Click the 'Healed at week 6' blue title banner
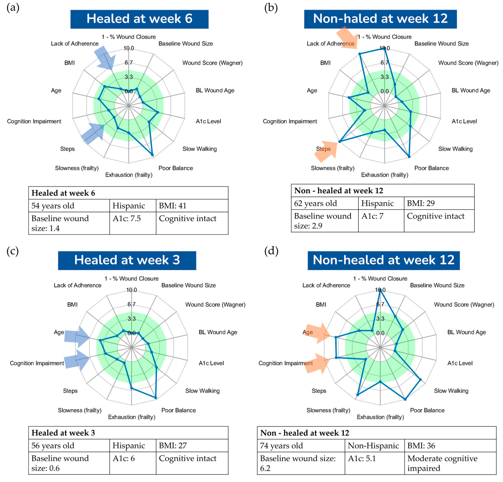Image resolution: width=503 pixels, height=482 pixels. point(139,19)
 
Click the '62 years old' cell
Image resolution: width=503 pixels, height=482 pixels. point(325,203)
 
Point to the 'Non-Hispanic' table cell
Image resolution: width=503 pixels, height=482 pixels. point(374,446)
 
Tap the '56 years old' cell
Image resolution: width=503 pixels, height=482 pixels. point(69,446)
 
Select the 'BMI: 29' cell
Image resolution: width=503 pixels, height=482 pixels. point(439,203)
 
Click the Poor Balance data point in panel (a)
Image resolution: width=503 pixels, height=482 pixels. point(152,155)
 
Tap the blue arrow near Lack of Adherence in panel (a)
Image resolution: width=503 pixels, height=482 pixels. point(105,58)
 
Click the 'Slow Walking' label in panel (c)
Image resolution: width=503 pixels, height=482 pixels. point(202,391)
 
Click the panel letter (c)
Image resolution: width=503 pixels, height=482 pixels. point(12,251)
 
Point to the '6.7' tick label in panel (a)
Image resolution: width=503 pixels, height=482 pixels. point(129,62)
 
